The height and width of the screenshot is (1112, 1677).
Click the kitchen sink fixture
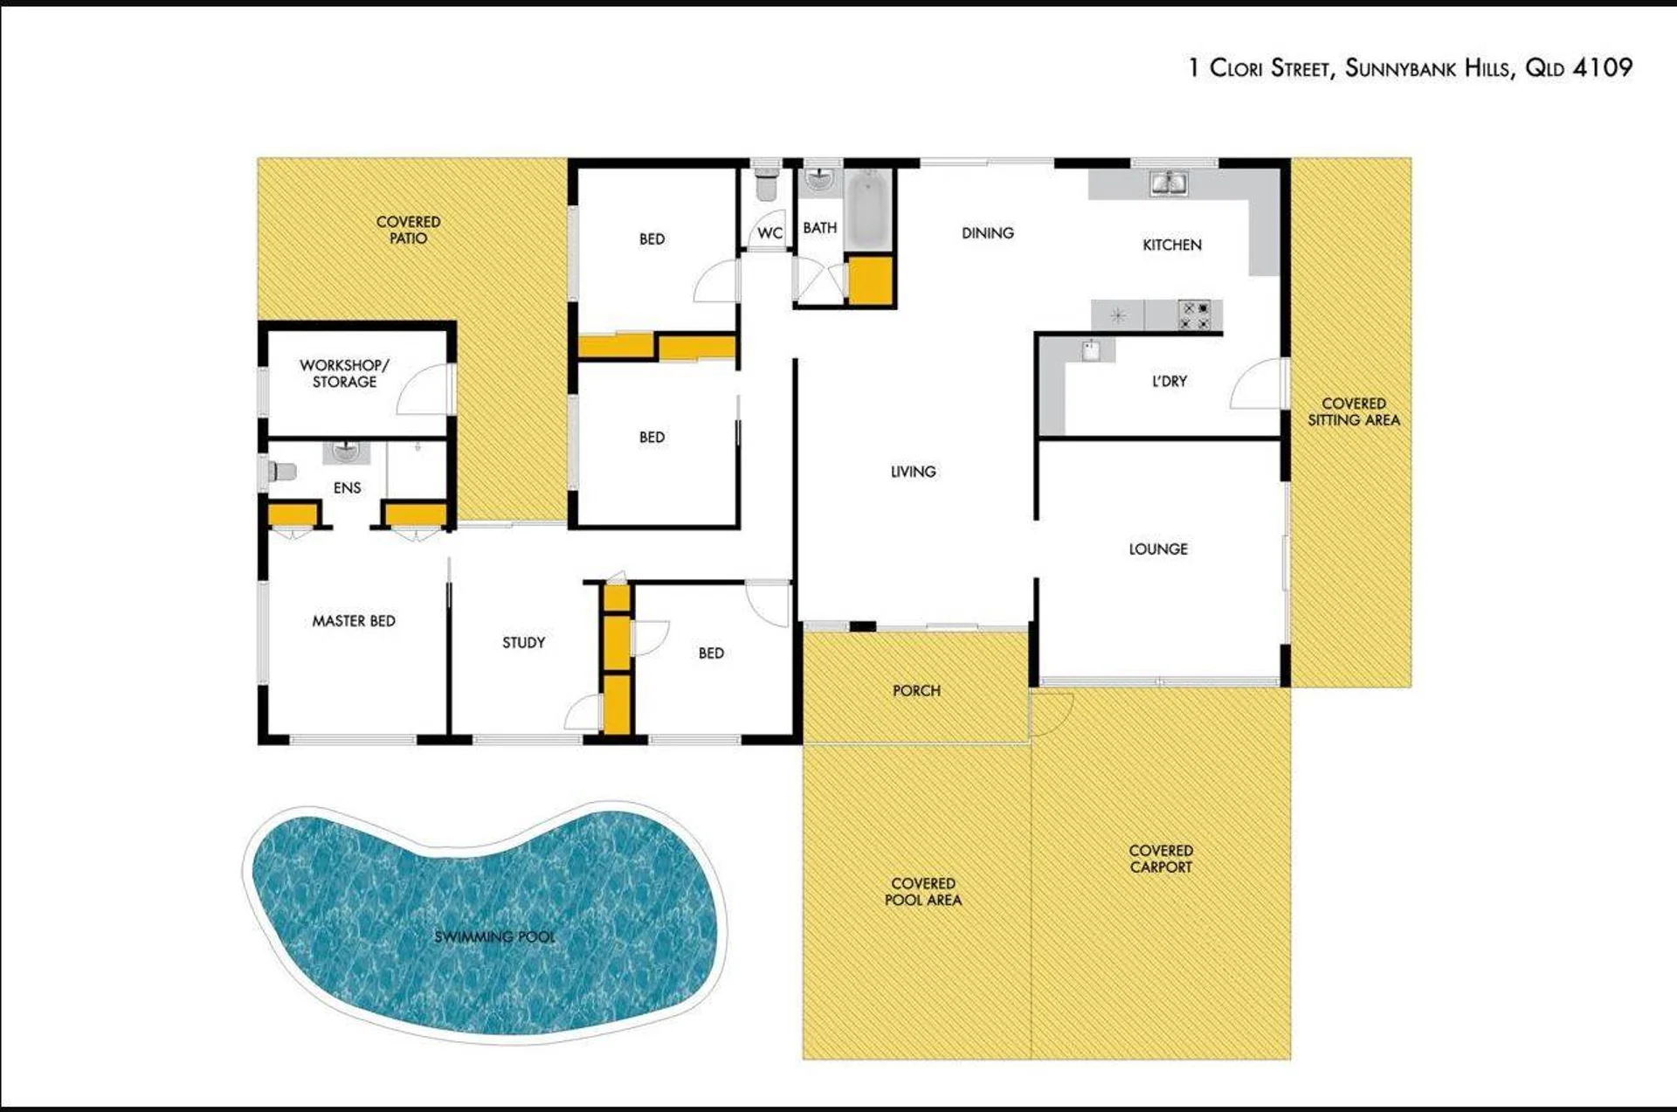click(x=1169, y=183)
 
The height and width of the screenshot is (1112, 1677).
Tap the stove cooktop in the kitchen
click(x=1195, y=315)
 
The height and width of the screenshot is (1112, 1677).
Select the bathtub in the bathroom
click(x=867, y=209)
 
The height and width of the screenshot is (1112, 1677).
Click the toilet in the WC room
click(x=766, y=183)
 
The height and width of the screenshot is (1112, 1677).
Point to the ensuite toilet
click(x=281, y=472)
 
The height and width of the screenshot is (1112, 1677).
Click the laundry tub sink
click(x=1091, y=351)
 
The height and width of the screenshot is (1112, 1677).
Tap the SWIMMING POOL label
click(x=494, y=936)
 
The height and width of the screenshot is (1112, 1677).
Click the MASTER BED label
click(x=354, y=621)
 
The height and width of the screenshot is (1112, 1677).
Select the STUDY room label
click(x=523, y=643)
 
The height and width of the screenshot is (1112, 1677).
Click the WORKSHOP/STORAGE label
click(x=344, y=373)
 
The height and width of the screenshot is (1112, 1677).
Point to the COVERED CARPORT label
click(x=1161, y=859)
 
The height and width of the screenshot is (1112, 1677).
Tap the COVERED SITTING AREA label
click(x=1354, y=411)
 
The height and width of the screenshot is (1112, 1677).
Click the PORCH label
click(x=916, y=691)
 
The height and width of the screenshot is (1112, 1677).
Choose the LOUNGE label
click(x=1158, y=549)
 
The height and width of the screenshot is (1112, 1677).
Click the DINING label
click(x=988, y=233)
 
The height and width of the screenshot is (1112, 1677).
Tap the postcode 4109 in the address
click(x=1602, y=67)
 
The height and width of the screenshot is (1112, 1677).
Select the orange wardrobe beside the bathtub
click(x=870, y=280)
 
